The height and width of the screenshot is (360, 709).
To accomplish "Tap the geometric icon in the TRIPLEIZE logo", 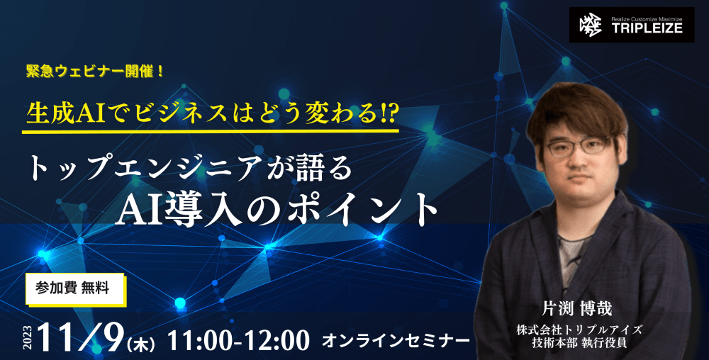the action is click(590, 25).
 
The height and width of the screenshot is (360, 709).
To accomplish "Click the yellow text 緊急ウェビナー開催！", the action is click(95, 72).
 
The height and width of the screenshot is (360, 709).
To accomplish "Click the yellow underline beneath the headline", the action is click(211, 131).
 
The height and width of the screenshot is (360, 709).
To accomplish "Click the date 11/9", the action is click(82, 337).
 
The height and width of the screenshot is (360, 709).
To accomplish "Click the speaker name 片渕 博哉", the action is click(577, 309).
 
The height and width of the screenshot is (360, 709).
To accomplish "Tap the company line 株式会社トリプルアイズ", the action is click(579, 330).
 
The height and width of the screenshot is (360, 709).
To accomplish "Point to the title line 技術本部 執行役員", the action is click(579, 342).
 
